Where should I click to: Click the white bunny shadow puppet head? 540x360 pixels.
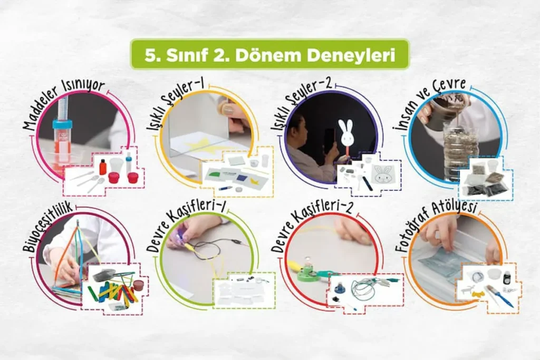[345, 133]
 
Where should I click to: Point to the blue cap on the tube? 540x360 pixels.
[62, 124]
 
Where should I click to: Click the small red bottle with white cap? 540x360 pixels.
[103, 166]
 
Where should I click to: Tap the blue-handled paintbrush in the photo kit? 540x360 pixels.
[499, 296]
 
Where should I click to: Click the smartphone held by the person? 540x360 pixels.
[329, 141]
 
